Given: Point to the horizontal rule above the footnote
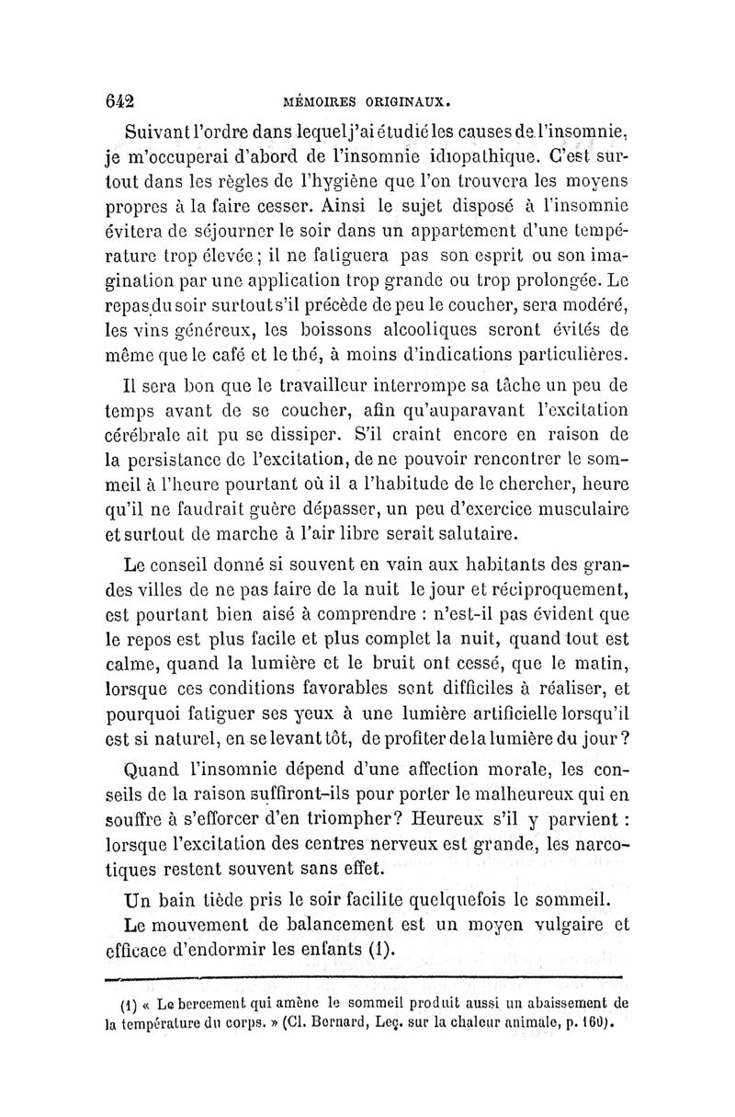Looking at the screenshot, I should pos(367,978).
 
